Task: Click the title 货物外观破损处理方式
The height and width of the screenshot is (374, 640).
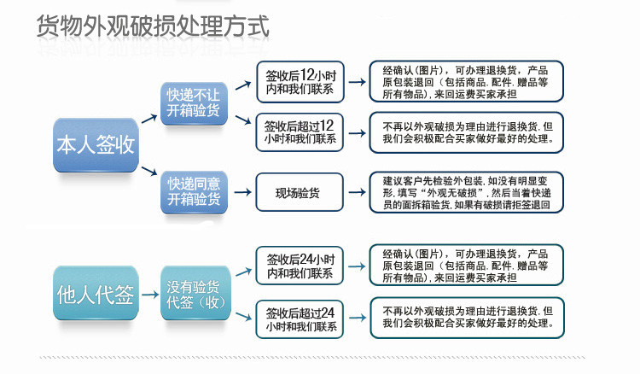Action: (x=154, y=26)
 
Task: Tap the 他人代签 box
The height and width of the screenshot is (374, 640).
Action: (x=95, y=295)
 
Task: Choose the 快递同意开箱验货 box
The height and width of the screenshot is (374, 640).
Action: (x=193, y=191)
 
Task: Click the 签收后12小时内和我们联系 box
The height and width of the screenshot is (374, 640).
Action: (x=300, y=82)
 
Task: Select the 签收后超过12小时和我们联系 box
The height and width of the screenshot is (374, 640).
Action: (x=300, y=132)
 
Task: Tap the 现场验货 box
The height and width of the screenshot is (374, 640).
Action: (x=300, y=193)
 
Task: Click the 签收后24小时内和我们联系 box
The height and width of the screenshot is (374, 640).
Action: (x=300, y=266)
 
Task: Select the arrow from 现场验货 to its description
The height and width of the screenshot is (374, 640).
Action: (x=356, y=193)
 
